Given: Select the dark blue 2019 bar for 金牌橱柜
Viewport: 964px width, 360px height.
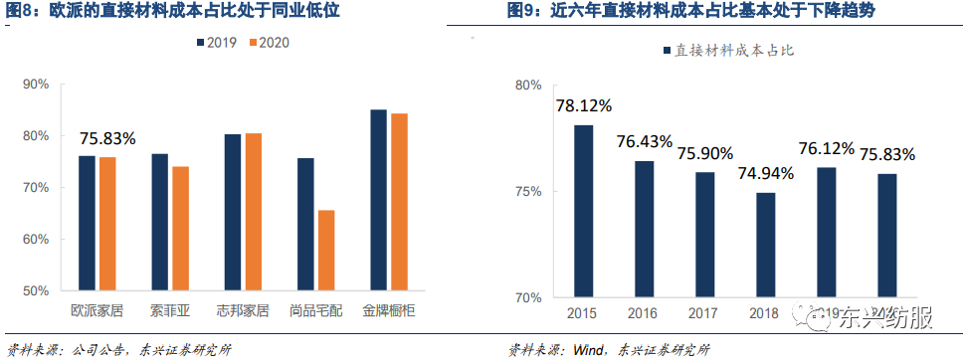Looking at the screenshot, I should (378, 200).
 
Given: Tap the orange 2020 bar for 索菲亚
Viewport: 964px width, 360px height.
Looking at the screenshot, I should (180, 229).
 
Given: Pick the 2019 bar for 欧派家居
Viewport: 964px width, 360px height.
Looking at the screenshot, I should (87, 224).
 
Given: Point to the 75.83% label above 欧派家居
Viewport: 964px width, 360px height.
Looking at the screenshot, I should (106, 138).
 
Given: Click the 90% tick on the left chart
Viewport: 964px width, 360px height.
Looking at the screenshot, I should (35, 84).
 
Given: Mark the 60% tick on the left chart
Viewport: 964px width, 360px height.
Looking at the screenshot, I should (35, 240).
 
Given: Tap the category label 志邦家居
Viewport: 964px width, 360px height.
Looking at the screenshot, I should (243, 310).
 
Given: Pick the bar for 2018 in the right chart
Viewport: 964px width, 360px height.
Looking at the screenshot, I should (765, 245).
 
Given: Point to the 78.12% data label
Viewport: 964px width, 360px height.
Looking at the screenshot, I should (584, 104).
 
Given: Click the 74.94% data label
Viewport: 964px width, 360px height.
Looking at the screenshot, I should (765, 173).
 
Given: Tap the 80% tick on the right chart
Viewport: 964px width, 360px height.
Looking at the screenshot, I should (528, 86).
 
